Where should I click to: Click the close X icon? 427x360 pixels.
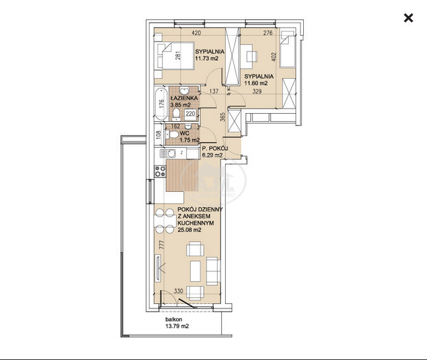coord(408,19)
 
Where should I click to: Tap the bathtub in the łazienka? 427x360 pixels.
coord(161,104)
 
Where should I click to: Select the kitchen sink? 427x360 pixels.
coord(167,154)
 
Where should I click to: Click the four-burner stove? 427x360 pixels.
coord(160,172)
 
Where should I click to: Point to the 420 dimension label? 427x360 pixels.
coord(196,33)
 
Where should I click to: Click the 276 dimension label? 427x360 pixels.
coord(267,33)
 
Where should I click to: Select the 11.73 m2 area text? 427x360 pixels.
coord(207,58)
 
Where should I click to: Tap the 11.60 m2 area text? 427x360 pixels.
coord(256,83)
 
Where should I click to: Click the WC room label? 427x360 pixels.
coord(184,134)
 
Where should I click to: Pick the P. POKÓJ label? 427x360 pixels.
coord(215,148)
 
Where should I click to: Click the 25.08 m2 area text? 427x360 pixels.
coord(189,230)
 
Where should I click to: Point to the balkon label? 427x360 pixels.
coord(173,320)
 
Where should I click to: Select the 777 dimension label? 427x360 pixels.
coord(161,245)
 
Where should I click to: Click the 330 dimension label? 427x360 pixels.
coord(178,291)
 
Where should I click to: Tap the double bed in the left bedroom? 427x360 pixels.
coord(174,56)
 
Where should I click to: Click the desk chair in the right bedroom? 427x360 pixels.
coord(252,57)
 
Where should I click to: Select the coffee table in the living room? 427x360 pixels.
coord(195,271)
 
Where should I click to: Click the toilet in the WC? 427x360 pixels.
coord(172,134)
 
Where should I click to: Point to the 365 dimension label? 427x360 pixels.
coord(222,117)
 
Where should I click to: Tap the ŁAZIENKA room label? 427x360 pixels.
coord(184,98)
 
